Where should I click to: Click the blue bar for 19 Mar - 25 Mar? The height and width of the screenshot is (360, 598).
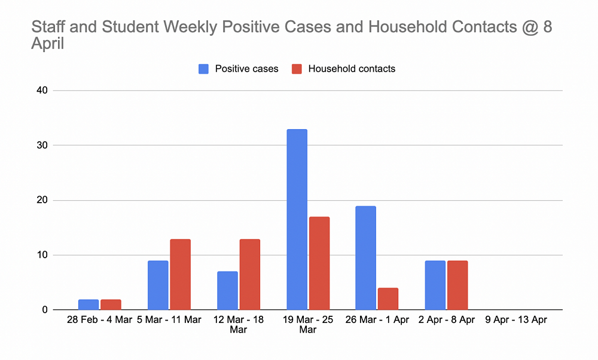click(x=297, y=219)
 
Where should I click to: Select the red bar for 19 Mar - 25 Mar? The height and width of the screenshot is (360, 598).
click(x=319, y=263)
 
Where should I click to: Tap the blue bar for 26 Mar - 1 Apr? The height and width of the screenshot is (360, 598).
click(x=366, y=258)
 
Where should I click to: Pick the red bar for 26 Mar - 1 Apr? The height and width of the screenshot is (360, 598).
click(x=388, y=299)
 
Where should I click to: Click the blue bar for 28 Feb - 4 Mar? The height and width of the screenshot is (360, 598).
click(x=89, y=304)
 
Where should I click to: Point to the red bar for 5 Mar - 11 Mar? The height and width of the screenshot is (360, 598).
click(x=180, y=274)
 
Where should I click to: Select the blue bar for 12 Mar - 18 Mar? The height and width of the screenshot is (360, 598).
click(x=227, y=291)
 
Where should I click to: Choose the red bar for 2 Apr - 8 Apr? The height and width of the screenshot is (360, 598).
click(x=457, y=285)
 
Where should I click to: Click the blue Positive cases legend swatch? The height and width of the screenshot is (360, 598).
click(x=204, y=69)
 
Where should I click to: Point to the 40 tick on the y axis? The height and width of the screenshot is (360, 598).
click(x=41, y=91)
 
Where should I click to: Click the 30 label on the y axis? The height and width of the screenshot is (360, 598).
click(x=41, y=145)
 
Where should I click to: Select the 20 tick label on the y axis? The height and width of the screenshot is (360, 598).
click(x=41, y=200)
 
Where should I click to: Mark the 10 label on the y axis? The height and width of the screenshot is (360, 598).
click(x=41, y=255)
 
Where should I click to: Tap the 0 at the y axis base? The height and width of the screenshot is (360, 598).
click(x=45, y=310)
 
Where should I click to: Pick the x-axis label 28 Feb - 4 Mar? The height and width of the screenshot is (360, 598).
click(x=100, y=321)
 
